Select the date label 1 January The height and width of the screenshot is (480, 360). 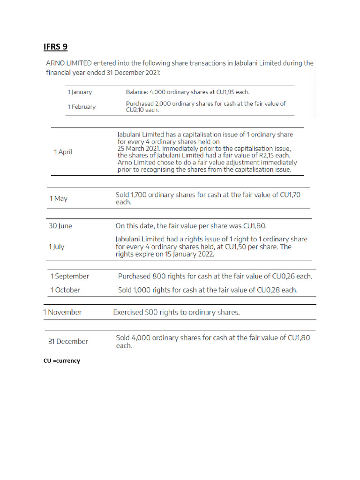(x=80, y=92)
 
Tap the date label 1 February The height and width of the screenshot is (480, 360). (x=82, y=107)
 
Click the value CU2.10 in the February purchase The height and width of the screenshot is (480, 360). (x=136, y=110)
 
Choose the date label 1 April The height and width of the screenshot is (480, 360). (x=63, y=152)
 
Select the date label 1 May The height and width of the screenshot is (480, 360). (x=58, y=199)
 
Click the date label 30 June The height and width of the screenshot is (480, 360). (x=60, y=226)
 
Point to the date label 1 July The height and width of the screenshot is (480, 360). (x=57, y=247)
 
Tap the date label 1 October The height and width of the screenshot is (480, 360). (x=65, y=290)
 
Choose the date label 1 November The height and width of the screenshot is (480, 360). (x=62, y=312)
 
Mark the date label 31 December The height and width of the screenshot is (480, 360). (x=68, y=342)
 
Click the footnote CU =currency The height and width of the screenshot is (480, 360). (x=61, y=361)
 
